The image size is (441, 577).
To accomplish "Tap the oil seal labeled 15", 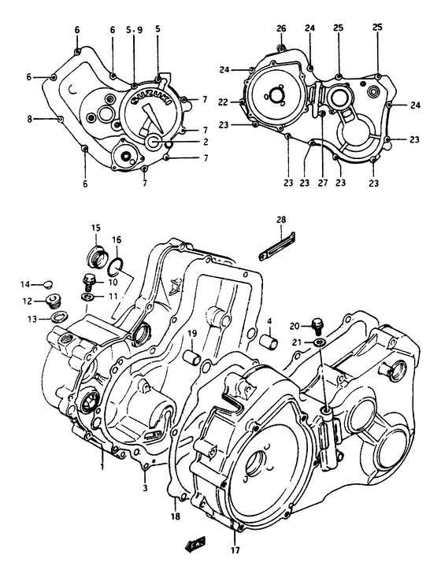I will click(94, 257).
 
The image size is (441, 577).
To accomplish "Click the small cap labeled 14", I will click(48, 284).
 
